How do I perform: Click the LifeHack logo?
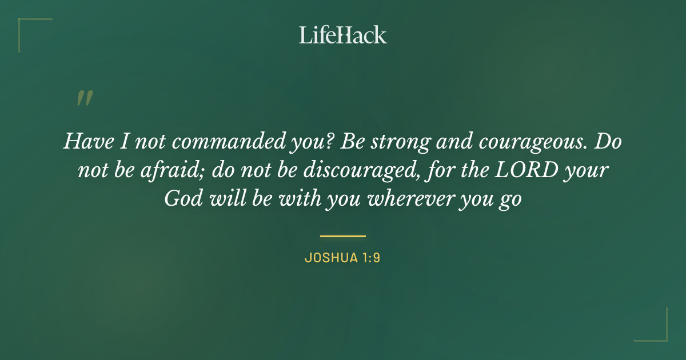click(x=343, y=35)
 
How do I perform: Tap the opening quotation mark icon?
click(x=84, y=98)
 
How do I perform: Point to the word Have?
click(x=85, y=142)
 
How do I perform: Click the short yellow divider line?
click(x=343, y=235)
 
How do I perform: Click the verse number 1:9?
click(x=370, y=258)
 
